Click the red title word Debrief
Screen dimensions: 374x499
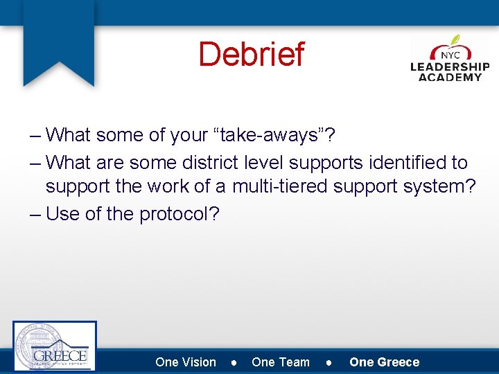coord(251,54)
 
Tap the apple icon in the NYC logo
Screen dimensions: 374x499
coord(451,49)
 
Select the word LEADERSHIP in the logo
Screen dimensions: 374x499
coord(450,67)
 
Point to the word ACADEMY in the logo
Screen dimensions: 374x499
coord(450,77)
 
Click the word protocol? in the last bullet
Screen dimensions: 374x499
coord(180,214)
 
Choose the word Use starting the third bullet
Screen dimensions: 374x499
coord(62,214)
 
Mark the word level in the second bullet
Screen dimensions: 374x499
coord(264,163)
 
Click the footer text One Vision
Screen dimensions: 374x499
coord(186,362)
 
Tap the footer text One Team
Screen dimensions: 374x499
coord(281,362)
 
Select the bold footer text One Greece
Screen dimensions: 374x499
coord(385,362)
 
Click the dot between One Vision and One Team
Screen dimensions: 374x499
coord(234,363)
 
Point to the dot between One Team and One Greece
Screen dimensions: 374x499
coord(330,363)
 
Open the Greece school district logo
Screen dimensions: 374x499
coord(55,346)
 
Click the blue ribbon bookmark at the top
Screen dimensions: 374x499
coord(58,42)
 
